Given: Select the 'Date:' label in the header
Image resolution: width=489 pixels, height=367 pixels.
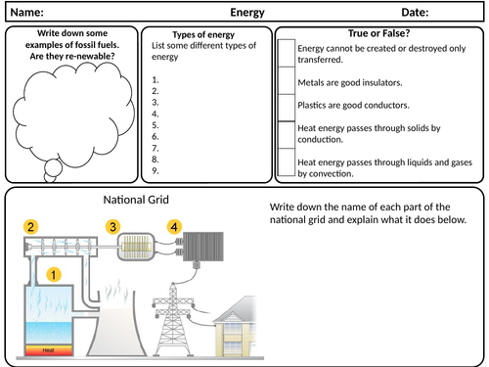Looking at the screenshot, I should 416,12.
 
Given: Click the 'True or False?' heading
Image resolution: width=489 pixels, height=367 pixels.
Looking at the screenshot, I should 381,33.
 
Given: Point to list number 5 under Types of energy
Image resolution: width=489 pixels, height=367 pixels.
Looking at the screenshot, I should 156,113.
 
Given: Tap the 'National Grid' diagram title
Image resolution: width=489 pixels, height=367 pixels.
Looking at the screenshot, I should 136,200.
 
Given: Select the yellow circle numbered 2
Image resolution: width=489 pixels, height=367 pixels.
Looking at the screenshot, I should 31,227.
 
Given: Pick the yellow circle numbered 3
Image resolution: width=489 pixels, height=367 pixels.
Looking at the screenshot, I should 112,227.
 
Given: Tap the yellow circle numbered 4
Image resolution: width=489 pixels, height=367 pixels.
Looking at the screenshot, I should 175,227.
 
